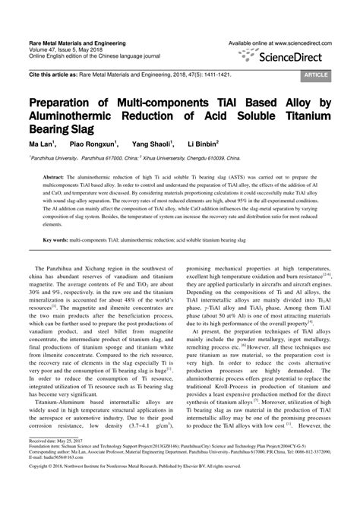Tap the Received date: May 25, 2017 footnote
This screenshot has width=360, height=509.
[x=58, y=462]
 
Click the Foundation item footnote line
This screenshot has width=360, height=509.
[x=152, y=468]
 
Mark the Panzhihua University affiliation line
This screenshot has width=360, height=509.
[x=122, y=158]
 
